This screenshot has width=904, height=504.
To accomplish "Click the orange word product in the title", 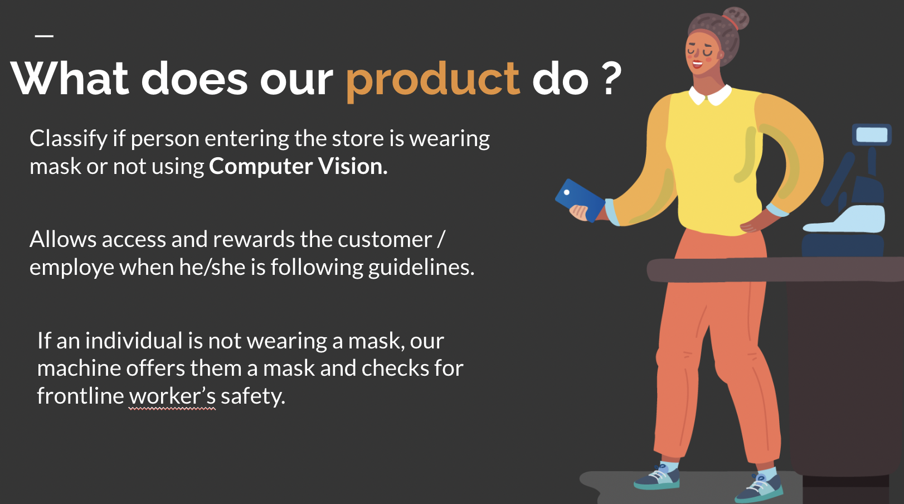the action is (433, 81).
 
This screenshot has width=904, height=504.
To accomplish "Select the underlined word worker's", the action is (172, 396).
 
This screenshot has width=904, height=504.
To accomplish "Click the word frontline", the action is (80, 395).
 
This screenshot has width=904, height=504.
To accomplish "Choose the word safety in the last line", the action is (253, 396).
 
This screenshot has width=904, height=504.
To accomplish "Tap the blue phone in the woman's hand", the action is (580, 200).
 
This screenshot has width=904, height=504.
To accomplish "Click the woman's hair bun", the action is (735, 18).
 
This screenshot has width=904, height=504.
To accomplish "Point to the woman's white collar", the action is (710, 95).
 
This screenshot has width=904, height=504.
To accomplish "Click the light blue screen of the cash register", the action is (872, 135).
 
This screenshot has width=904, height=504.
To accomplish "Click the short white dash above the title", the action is (45, 36).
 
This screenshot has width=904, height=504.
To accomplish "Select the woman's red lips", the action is (698, 64).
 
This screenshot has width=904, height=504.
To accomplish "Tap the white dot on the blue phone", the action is (567, 192).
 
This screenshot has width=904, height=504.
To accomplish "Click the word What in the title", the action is (70, 78).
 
